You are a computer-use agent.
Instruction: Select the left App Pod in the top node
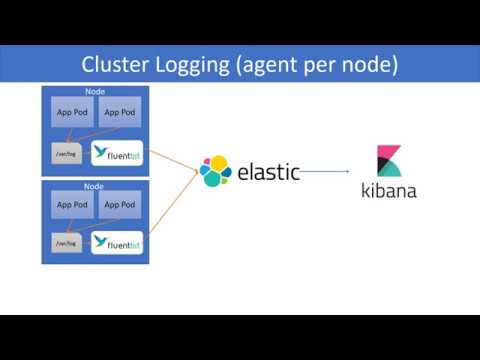tap(72, 112)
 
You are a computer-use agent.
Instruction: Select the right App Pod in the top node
tap(120, 112)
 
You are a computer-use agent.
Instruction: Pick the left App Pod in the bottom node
tap(72, 205)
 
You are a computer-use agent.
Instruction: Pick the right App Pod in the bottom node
tap(120, 205)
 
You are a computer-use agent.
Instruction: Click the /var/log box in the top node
tap(66, 152)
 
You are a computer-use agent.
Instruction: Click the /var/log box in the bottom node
tap(66, 243)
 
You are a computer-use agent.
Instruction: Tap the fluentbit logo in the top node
tap(118, 153)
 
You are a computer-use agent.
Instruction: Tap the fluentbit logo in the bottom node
tap(118, 242)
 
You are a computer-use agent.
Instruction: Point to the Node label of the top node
tap(95, 92)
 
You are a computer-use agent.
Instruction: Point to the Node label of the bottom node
tap(95, 185)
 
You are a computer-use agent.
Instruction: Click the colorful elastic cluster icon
tap(215, 171)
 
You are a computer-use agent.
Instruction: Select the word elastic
tap(268, 171)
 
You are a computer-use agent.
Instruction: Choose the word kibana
tap(388, 190)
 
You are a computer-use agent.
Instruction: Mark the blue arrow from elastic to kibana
tap(330, 171)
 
